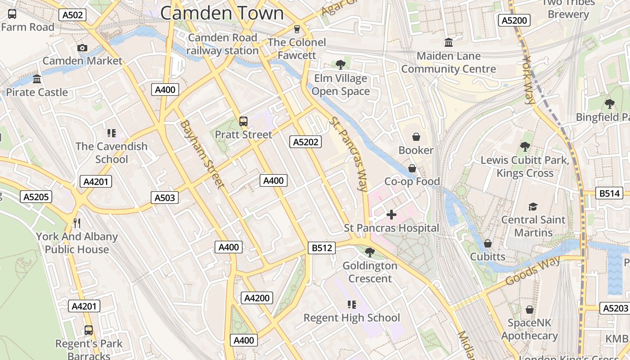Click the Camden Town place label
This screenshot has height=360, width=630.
[x=222, y=13]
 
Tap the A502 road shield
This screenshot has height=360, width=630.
[x=72, y=15]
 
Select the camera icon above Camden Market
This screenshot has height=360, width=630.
[x=82, y=48]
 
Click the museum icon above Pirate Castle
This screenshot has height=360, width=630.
[x=37, y=79]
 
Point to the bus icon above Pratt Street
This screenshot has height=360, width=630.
[x=243, y=121]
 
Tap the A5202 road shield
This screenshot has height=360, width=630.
[x=306, y=142]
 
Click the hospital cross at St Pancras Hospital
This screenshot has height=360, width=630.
[x=391, y=215]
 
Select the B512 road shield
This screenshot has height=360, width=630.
[x=322, y=247]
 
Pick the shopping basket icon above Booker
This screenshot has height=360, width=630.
[x=416, y=136]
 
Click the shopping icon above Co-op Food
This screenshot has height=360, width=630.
[x=412, y=168]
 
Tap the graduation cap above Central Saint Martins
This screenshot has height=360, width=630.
[x=533, y=207]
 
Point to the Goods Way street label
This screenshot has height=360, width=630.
[x=533, y=270]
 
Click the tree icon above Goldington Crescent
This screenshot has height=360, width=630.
[x=369, y=252]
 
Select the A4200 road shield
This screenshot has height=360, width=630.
[x=257, y=298]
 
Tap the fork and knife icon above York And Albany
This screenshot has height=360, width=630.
[x=77, y=223]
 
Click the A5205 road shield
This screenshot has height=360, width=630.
[x=36, y=197]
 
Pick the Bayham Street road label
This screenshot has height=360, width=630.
[x=202, y=154]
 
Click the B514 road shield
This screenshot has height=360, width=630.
[x=609, y=193]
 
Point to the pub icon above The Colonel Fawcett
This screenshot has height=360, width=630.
[x=297, y=29]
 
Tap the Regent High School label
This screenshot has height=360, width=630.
[x=351, y=318]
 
